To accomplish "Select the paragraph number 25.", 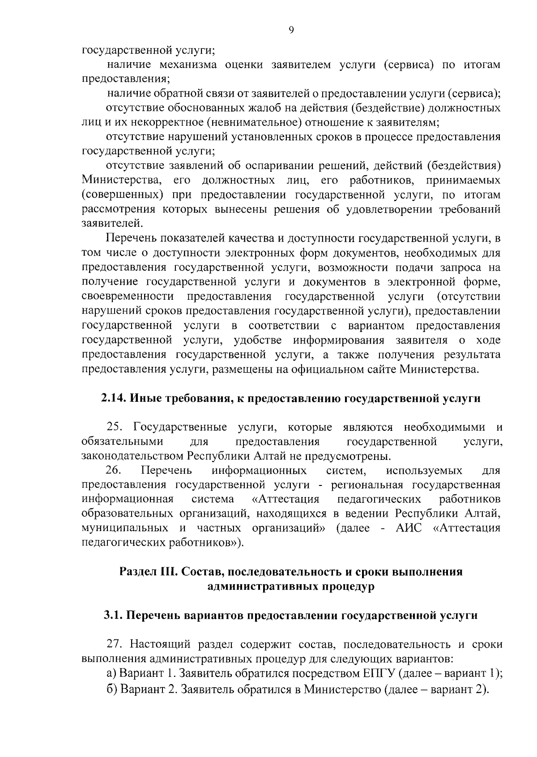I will [x=115, y=427].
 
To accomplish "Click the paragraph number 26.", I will [x=114, y=471].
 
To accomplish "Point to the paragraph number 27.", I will [x=115, y=645].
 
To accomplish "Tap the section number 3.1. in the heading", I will [x=113, y=616].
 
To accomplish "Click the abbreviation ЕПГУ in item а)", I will [x=377, y=673].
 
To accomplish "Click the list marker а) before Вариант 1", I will [x=112, y=673].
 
